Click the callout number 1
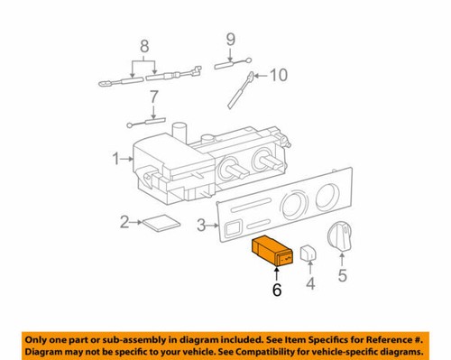pos(115,160)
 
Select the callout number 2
pos(124,221)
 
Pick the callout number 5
pos(341,275)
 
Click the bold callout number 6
pos(278,290)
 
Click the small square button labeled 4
pos(308,256)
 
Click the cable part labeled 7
pos(148,121)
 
